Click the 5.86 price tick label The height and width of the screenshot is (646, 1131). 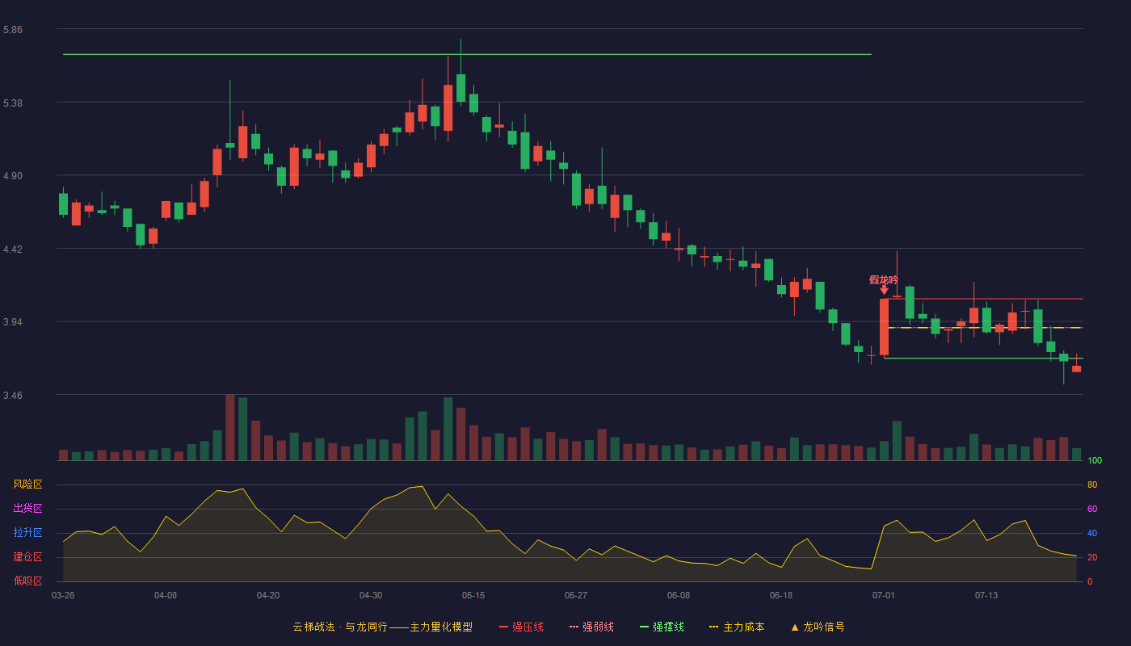point(13,30)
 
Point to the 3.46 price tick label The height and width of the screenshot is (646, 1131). point(13,395)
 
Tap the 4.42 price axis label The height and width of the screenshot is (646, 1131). point(13,250)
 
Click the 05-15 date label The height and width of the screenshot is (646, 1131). point(473,596)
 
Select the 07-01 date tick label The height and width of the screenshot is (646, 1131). point(884,596)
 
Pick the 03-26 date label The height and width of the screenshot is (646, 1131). point(63,596)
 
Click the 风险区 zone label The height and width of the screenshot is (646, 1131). point(27,484)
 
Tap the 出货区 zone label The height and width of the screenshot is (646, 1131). point(27,508)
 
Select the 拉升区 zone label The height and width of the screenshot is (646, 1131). point(27,532)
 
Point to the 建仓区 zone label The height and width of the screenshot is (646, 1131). point(27,556)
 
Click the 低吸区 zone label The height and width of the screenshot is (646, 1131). point(27,581)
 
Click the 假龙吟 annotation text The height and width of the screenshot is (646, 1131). point(884,279)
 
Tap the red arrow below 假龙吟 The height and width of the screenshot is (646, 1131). point(884,290)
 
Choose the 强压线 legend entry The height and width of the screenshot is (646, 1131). point(521,627)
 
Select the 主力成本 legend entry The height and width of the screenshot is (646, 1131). point(737,627)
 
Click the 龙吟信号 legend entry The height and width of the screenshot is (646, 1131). point(818,627)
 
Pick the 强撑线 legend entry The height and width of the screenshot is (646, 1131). point(662,627)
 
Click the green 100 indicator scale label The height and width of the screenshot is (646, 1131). point(1095,460)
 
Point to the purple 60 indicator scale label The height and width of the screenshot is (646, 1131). point(1092,509)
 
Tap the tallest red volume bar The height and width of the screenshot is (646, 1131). point(230,427)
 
